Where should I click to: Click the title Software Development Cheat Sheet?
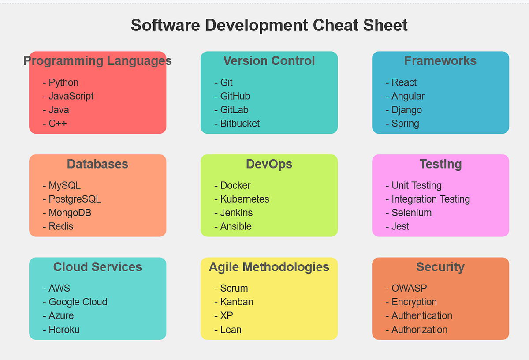269,25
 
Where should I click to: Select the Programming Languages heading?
97,61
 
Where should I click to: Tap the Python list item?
63,82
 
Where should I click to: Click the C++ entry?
58,124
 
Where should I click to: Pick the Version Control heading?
269,61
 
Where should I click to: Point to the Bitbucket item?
240,124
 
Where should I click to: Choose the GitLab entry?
234,110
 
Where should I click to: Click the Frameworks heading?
440,61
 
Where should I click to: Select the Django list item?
406,110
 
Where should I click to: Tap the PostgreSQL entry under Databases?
75,199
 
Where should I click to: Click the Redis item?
61,226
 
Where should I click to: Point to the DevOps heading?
269,164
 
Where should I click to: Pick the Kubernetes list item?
245,199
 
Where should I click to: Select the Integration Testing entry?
431,199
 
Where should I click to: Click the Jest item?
400,226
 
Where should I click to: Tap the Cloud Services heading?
97,267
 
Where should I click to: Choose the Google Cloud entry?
78,302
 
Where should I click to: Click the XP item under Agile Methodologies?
227,315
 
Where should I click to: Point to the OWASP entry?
409,288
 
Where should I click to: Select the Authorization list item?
419,330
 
